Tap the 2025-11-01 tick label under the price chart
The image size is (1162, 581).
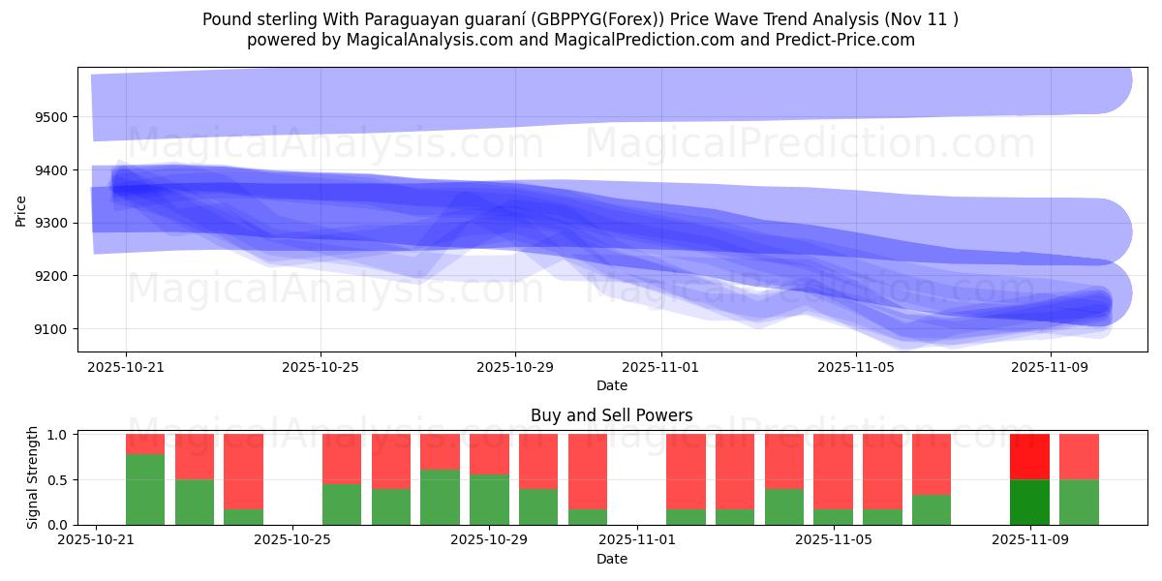[x=661, y=368]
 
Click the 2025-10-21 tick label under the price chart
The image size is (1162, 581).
[x=126, y=368]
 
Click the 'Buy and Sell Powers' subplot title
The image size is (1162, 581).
[x=611, y=415]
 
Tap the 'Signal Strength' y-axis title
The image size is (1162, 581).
[x=33, y=478]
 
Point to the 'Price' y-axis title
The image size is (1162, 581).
[x=21, y=209]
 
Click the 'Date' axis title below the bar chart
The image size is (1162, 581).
[x=611, y=559]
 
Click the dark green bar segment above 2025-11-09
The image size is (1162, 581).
[x=1029, y=502]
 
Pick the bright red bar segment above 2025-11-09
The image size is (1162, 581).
[x=1029, y=456]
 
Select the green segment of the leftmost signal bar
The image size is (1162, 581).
[x=145, y=489]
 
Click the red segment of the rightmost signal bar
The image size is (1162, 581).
[x=1079, y=456]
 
